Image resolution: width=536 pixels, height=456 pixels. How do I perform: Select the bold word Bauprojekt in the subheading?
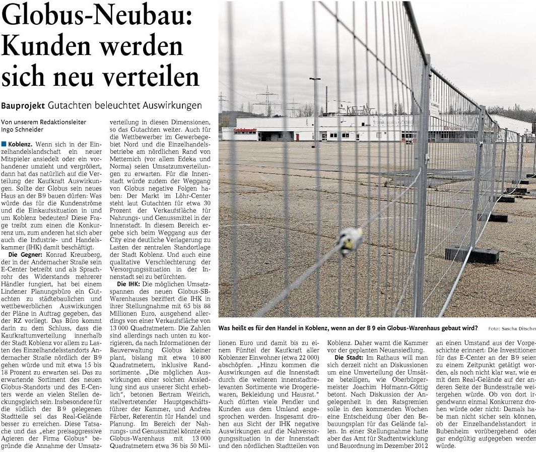click(23, 105)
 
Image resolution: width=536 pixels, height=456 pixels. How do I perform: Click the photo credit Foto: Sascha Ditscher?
click(511, 328)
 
